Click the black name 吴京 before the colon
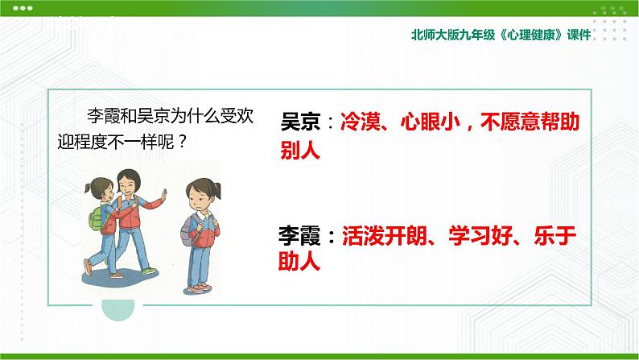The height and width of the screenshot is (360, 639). tap(300, 122)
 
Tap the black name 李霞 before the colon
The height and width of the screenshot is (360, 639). tap(299, 236)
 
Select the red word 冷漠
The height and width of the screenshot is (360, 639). tap(360, 122)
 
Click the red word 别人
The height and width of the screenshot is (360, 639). tap(300, 151)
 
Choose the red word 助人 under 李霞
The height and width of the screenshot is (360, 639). tap(299, 261)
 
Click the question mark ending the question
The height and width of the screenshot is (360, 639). tap(182, 142)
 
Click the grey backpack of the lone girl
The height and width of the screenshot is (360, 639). tap(188, 230)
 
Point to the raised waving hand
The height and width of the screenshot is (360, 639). tap(164, 194)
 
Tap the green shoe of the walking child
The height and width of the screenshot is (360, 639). tap(149, 271)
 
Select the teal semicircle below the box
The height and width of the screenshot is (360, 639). tap(117, 310)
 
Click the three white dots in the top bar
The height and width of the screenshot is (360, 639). tap(23, 8)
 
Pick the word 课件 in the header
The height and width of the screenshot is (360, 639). tap(579, 35)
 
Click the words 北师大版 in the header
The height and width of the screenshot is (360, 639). tap(435, 35)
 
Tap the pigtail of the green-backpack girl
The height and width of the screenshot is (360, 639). tap(88, 188)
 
